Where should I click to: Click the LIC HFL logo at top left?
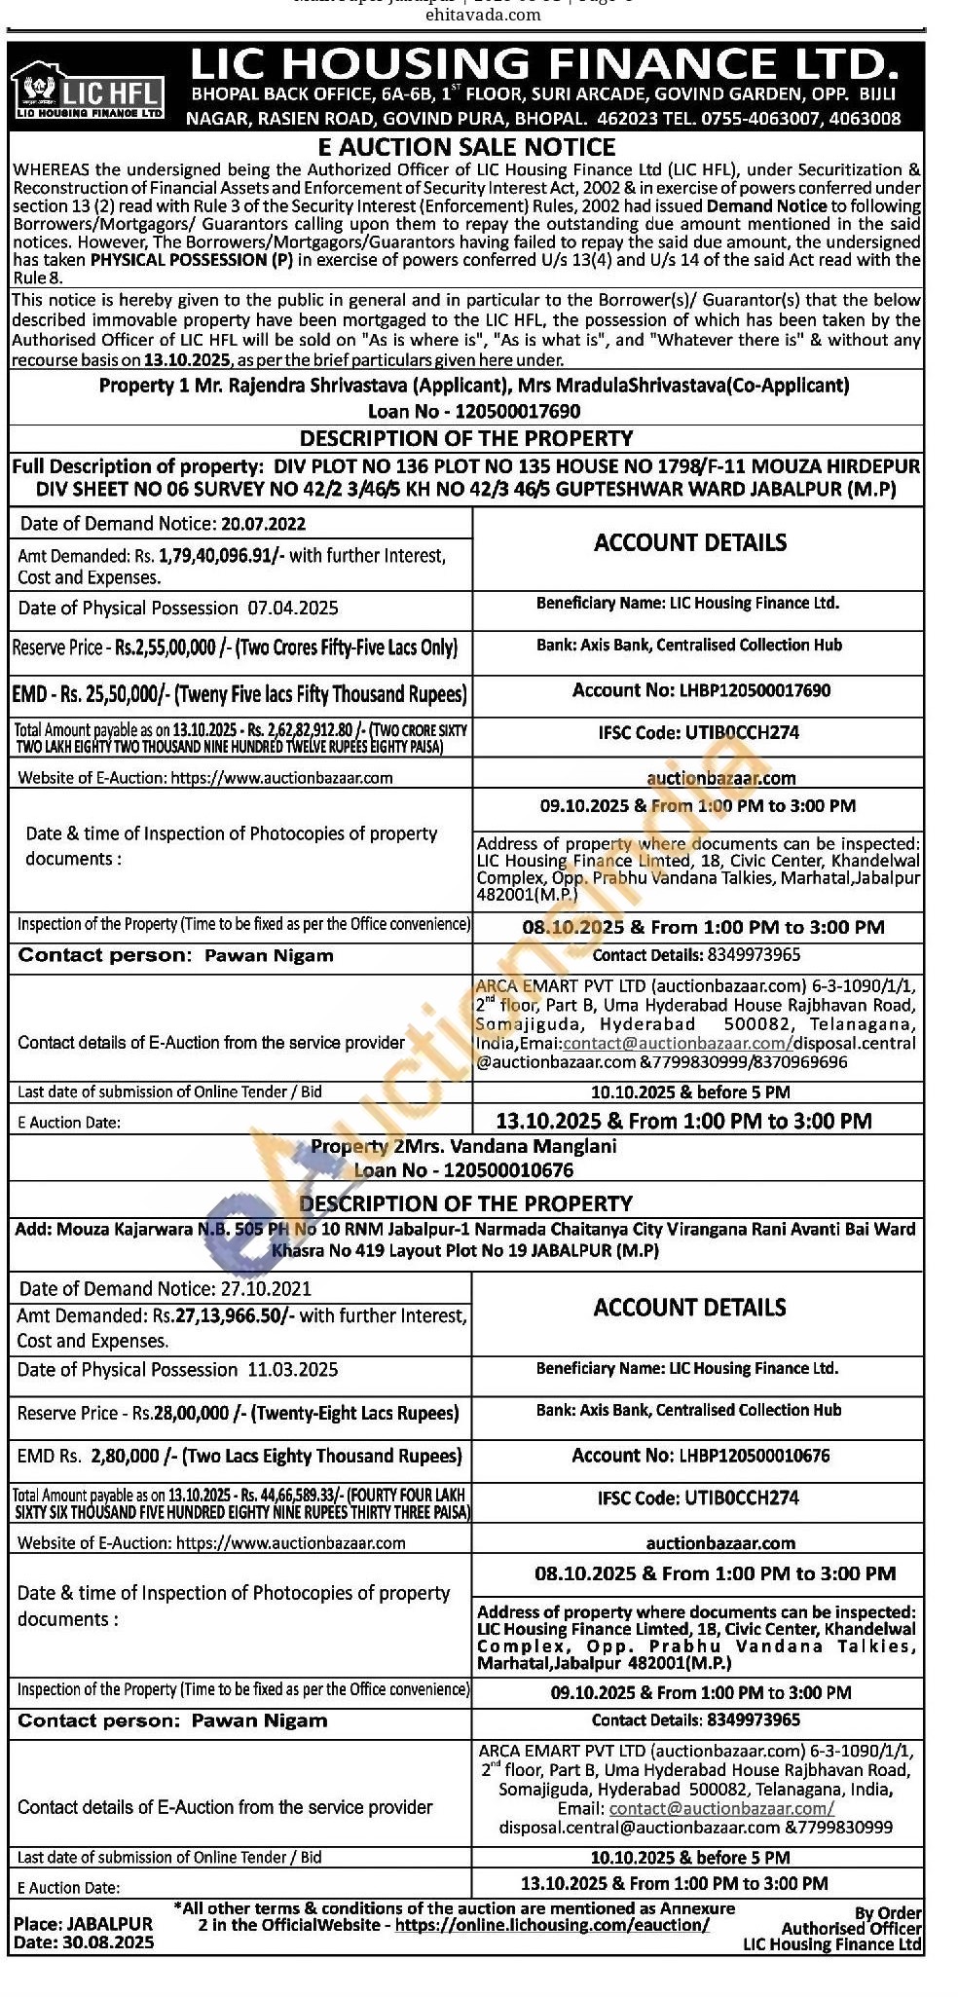[x=88, y=90]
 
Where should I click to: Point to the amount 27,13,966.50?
[x=229, y=1316]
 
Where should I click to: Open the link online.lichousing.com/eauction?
[x=553, y=1925]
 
